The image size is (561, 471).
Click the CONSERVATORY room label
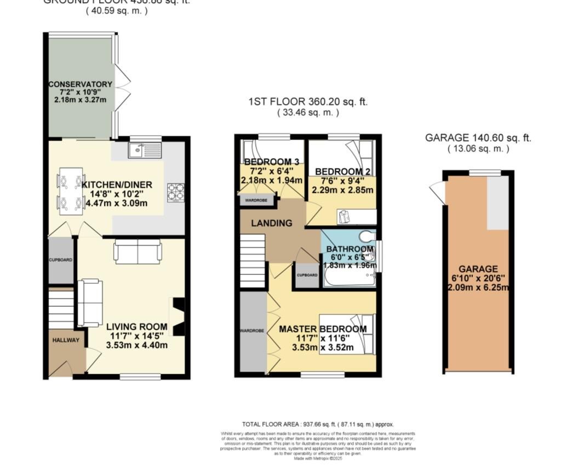click(x=80, y=84)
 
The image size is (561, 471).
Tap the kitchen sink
click(x=145, y=150)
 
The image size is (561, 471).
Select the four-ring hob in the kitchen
click(x=175, y=192)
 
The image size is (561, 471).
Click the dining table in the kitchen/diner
click(x=70, y=190)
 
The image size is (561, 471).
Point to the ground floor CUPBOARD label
click(x=60, y=260)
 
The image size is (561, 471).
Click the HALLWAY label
click(x=66, y=341)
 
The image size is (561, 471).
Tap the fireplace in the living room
click(x=179, y=317)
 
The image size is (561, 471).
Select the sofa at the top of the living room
click(x=138, y=252)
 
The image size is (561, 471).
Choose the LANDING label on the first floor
click(x=271, y=223)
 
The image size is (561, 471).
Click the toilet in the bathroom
click(x=367, y=237)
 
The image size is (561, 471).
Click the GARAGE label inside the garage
click(x=478, y=269)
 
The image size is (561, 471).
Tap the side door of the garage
click(x=438, y=192)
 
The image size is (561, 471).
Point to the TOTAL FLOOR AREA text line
click(x=317, y=424)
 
